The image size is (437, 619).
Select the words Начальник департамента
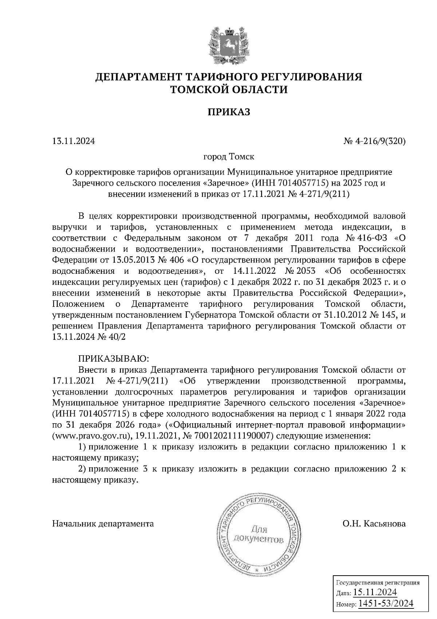pos(103,524)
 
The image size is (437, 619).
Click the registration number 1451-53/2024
pos(386,604)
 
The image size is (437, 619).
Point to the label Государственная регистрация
pos(377,582)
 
